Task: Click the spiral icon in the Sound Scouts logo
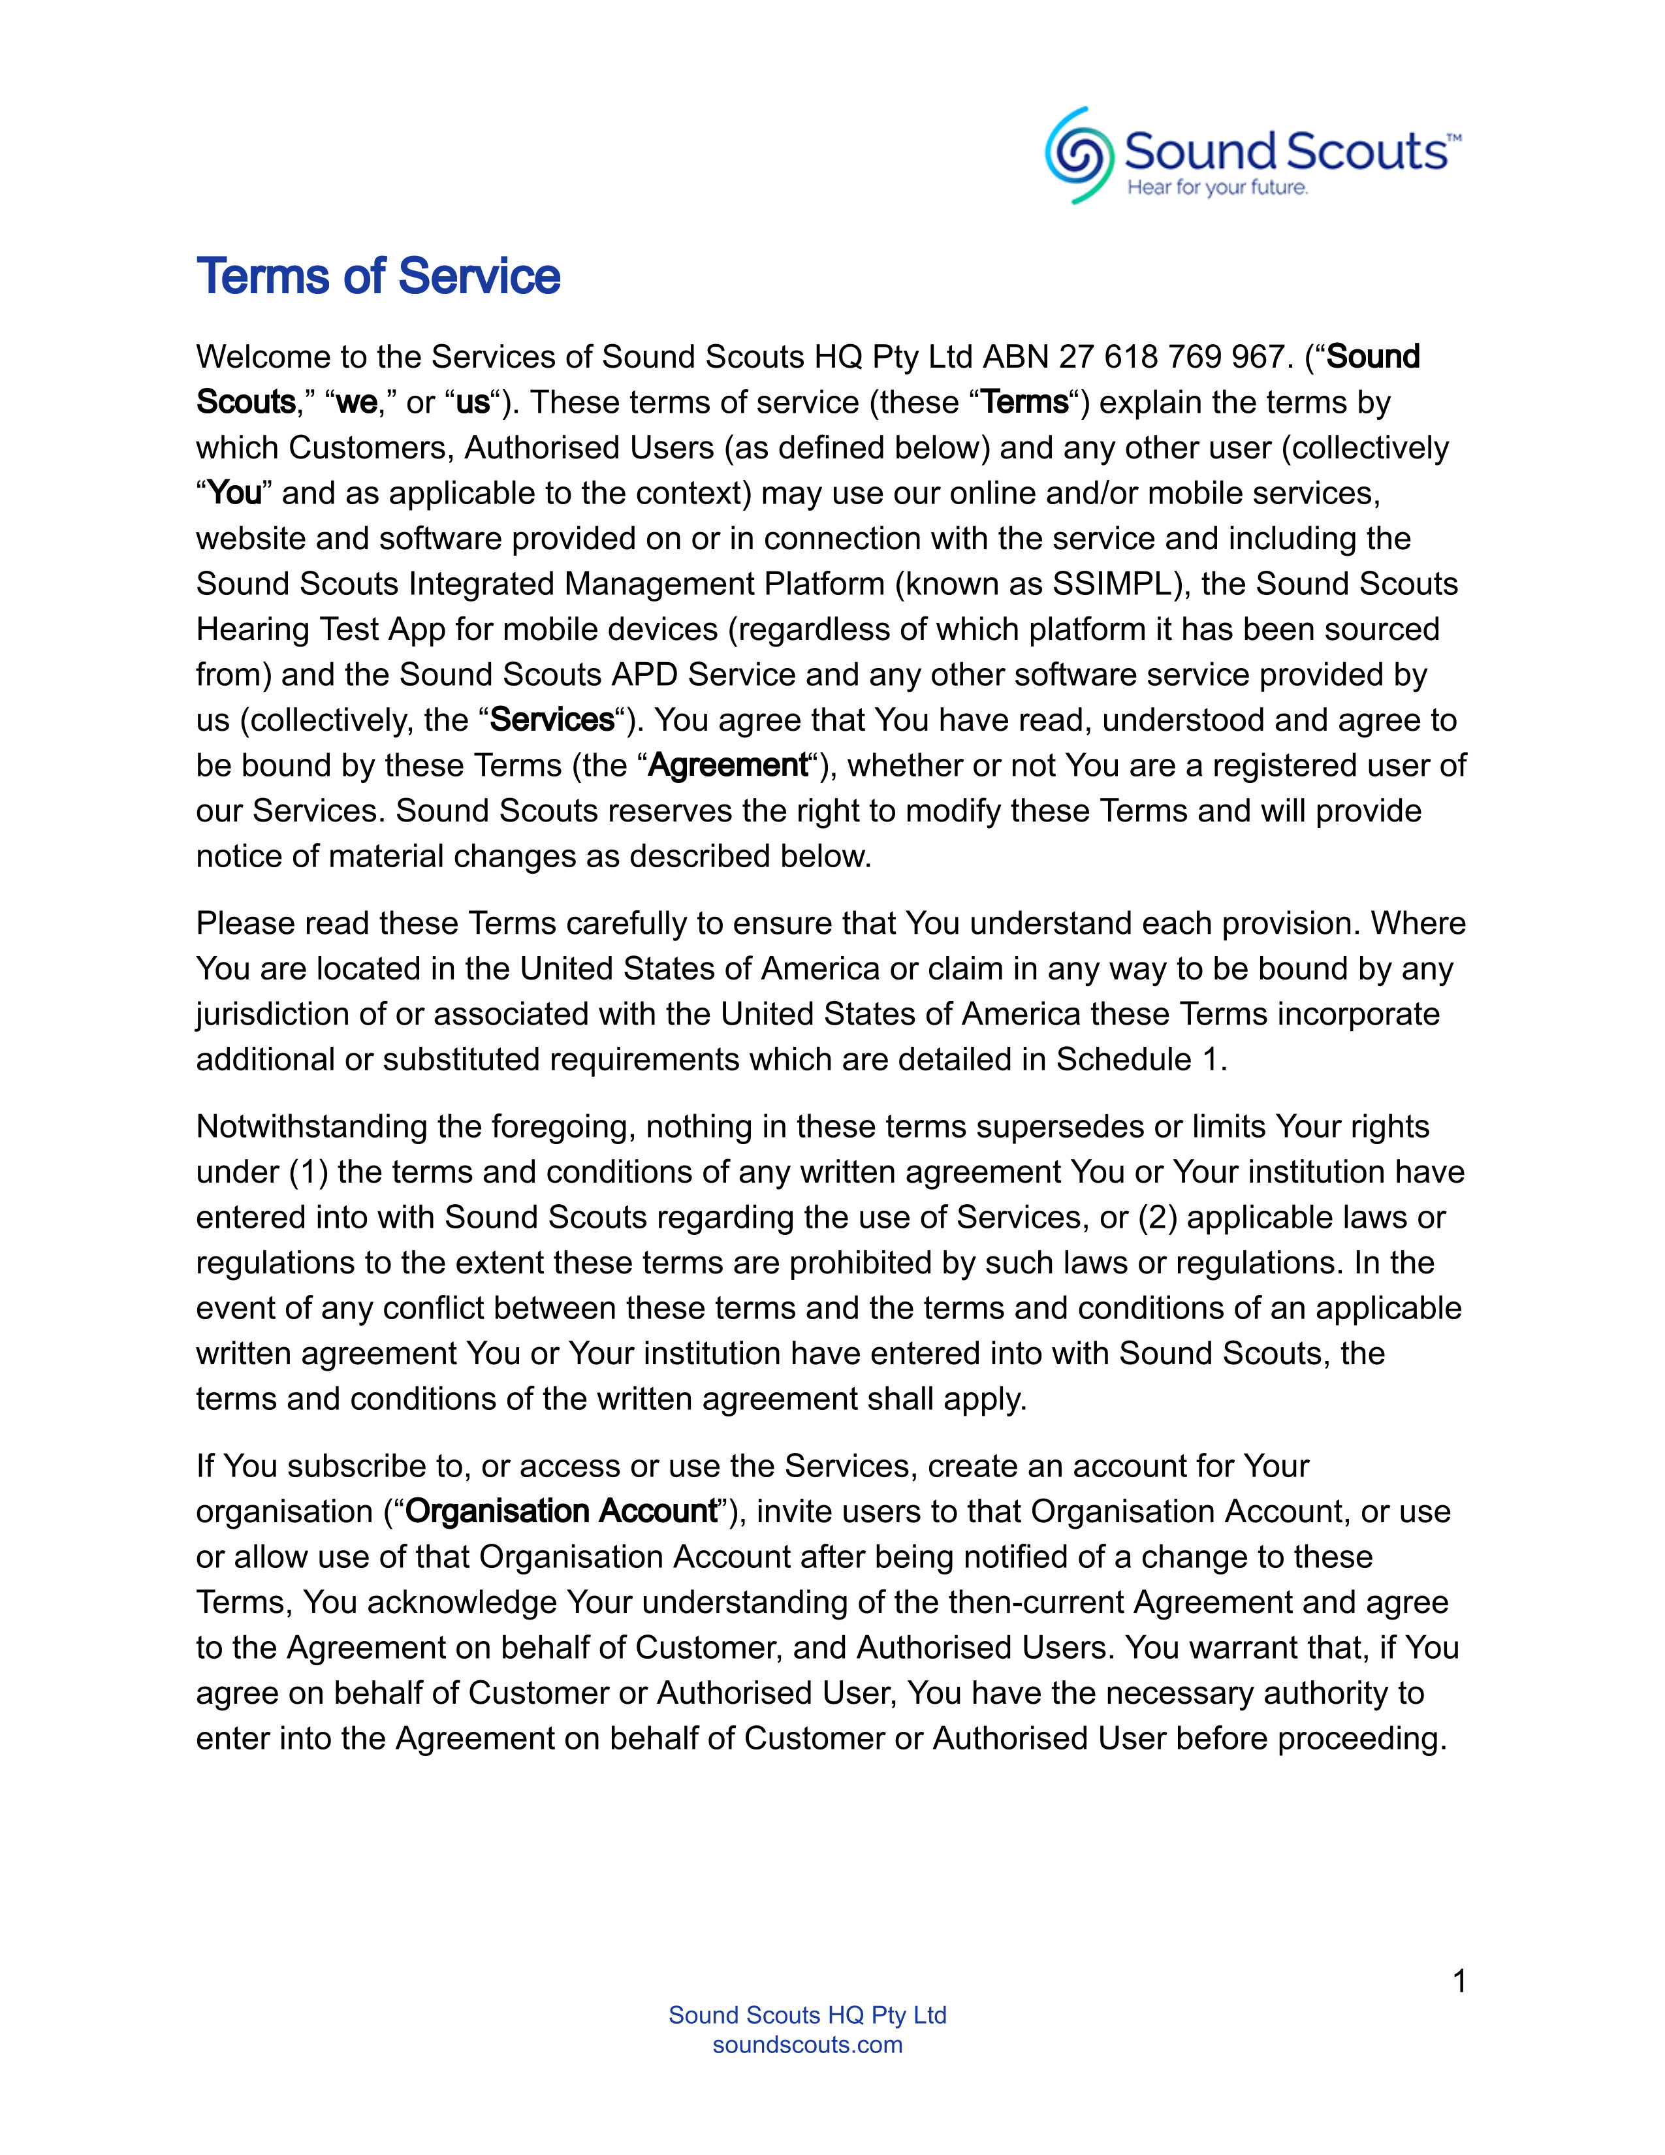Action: tap(1079, 155)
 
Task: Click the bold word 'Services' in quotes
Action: tap(552, 720)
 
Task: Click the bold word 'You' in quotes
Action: tap(235, 492)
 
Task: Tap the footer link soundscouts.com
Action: tap(807, 2045)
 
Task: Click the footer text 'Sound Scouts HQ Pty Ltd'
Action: tap(807, 2015)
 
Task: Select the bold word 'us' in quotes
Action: tap(473, 402)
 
